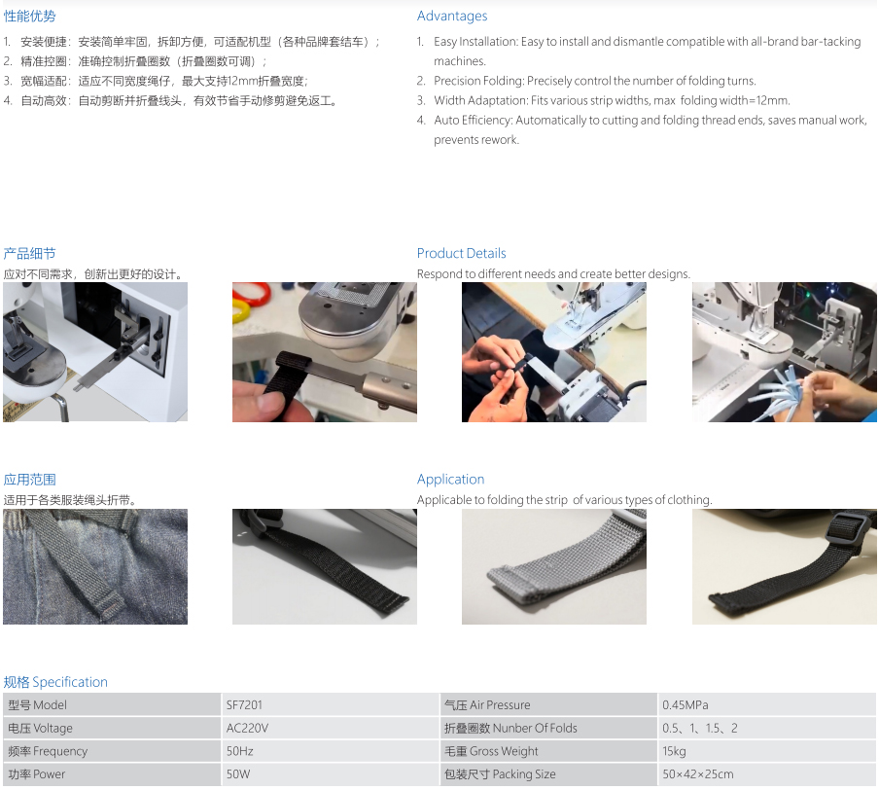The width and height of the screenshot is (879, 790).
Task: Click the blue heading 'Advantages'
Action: point(452,17)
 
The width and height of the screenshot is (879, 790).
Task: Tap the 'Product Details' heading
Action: point(461,253)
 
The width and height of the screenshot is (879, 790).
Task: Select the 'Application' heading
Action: point(451,480)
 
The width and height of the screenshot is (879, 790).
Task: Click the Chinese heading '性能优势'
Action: point(30,17)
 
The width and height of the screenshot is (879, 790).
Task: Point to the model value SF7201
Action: point(244,704)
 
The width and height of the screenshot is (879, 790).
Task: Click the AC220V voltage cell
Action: point(247,728)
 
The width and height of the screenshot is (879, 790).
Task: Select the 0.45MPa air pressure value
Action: point(686,704)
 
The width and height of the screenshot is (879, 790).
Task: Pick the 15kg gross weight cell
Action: point(674,751)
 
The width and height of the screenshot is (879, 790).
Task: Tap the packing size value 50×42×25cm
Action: point(698,773)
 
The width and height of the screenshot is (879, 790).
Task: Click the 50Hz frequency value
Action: point(240,751)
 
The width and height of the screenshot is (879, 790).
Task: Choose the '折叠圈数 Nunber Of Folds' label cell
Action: point(510,728)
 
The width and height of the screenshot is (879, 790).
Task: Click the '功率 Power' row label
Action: point(36,773)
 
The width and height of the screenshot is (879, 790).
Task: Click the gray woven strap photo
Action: point(554,566)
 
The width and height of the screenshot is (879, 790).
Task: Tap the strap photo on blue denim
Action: point(95,566)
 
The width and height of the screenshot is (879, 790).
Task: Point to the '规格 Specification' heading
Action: point(55,682)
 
